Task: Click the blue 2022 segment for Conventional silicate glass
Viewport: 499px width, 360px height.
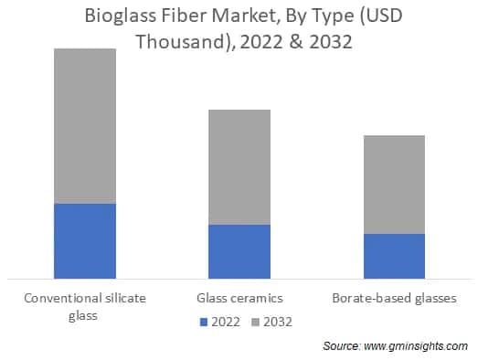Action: click(85, 240)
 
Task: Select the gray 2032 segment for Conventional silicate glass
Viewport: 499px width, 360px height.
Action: click(85, 126)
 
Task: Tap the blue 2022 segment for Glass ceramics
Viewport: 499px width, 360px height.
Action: click(239, 251)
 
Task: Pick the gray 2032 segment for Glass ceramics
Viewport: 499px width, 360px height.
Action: click(239, 167)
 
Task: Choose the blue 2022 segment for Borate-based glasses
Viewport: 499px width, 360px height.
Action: click(394, 256)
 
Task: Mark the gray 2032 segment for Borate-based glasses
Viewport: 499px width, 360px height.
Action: click(394, 185)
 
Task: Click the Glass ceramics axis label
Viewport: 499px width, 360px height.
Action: click(239, 298)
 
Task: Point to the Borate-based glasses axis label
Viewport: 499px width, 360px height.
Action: click(394, 298)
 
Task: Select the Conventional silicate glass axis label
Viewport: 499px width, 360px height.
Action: click(85, 306)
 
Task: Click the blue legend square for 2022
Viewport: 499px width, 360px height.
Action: click(205, 321)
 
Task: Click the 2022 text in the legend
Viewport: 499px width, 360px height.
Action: click(227, 321)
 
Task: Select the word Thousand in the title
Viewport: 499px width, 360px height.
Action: click(179, 43)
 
